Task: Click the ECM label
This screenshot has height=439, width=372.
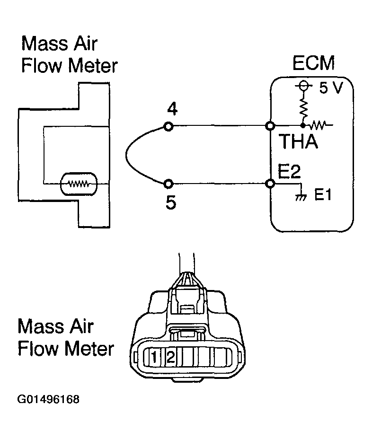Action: click(313, 63)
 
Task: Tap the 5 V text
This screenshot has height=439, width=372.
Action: click(328, 88)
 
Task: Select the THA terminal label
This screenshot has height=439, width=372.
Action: click(298, 142)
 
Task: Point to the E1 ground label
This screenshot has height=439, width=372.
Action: click(323, 195)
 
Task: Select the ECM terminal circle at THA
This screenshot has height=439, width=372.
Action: click(270, 126)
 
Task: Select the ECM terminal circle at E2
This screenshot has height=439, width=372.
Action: click(270, 184)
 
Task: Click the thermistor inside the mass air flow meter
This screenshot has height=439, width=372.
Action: click(78, 183)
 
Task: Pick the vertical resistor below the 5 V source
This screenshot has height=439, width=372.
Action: click(302, 108)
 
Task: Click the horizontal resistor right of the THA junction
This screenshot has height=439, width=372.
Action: click(317, 126)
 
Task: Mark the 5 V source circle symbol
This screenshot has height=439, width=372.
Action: click(302, 86)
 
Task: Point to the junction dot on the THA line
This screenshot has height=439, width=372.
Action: click(302, 126)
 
